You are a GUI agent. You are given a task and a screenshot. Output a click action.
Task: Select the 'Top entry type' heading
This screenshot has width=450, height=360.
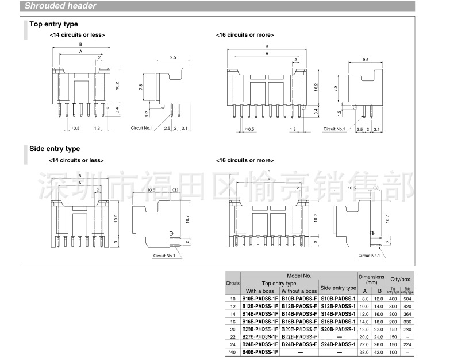point(53,24)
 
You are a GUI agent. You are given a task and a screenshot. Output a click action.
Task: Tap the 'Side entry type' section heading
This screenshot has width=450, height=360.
point(55,149)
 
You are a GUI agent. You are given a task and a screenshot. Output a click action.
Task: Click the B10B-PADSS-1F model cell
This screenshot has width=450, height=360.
point(260,299)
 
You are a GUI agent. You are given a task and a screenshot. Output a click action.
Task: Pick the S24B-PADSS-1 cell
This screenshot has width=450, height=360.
point(337,343)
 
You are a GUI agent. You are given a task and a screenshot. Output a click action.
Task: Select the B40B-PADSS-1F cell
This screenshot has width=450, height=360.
point(260,351)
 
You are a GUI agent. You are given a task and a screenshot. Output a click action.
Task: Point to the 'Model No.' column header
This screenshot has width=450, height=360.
point(299,276)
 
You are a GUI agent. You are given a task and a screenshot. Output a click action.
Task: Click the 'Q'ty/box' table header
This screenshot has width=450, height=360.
point(400,279)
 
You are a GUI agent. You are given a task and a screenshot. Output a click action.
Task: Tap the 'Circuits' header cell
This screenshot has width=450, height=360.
point(233,284)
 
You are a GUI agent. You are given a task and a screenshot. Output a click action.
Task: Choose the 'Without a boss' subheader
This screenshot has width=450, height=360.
point(299,291)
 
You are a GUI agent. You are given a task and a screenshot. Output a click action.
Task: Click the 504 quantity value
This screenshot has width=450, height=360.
point(407,299)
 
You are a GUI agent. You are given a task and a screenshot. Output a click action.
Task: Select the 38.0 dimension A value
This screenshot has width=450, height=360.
point(364,351)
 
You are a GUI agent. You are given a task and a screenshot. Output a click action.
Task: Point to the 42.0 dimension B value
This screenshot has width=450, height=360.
point(378,351)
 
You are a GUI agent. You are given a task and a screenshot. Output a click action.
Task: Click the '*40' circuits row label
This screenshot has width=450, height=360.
point(233,351)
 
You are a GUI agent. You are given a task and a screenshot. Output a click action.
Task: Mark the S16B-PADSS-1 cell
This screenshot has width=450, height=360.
point(337,322)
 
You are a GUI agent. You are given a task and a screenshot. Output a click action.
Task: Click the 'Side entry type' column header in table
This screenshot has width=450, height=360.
point(337,288)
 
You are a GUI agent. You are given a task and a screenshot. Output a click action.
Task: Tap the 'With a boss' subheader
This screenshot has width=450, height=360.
point(260,291)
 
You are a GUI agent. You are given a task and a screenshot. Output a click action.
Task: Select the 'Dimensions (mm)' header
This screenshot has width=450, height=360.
point(371,280)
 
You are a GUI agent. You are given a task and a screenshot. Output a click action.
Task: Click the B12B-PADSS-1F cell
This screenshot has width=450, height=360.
point(260,307)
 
